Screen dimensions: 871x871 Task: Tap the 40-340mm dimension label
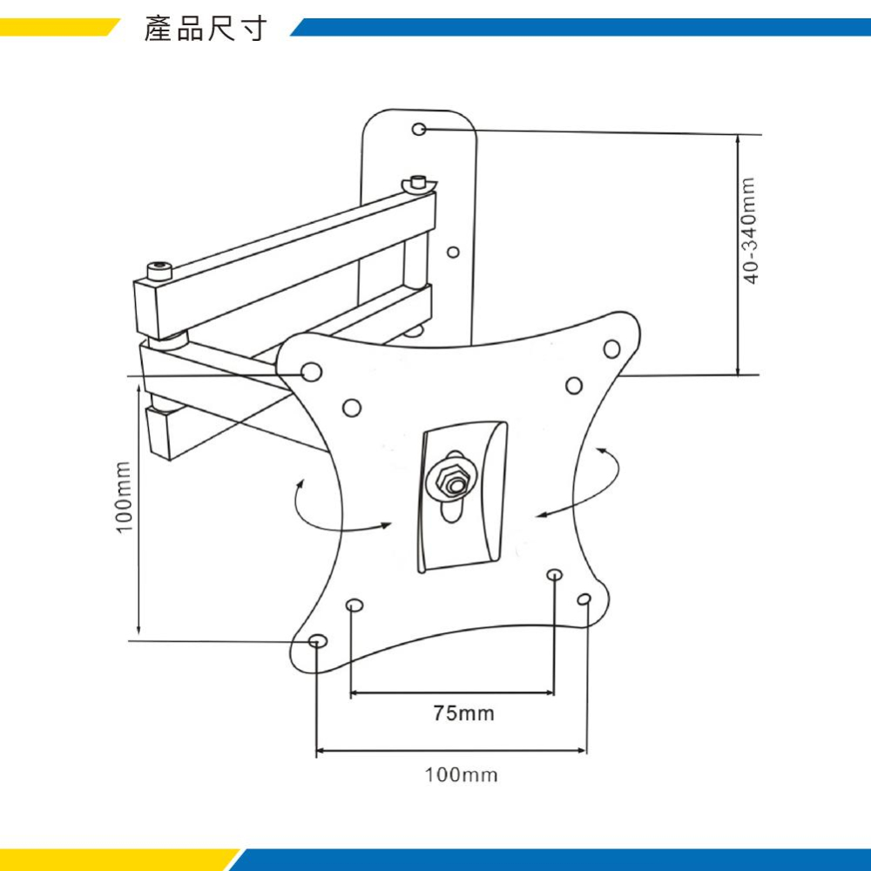[751, 229]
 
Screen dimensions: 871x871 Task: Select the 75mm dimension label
[464, 714]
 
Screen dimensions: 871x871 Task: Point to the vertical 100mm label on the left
[124, 496]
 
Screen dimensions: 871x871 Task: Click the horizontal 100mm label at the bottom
[462, 774]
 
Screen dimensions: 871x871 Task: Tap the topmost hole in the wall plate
[419, 129]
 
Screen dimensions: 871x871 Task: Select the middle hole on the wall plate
[452, 253]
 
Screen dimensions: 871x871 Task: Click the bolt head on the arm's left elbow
[159, 270]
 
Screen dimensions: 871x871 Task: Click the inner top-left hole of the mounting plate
[352, 408]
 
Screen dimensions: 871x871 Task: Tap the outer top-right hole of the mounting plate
[611, 349]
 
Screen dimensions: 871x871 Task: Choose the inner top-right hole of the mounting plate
[573, 385]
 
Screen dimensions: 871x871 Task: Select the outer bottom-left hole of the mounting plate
[317, 641]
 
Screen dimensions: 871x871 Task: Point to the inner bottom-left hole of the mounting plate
[354, 605]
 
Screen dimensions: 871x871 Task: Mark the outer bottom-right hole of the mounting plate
[584, 599]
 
